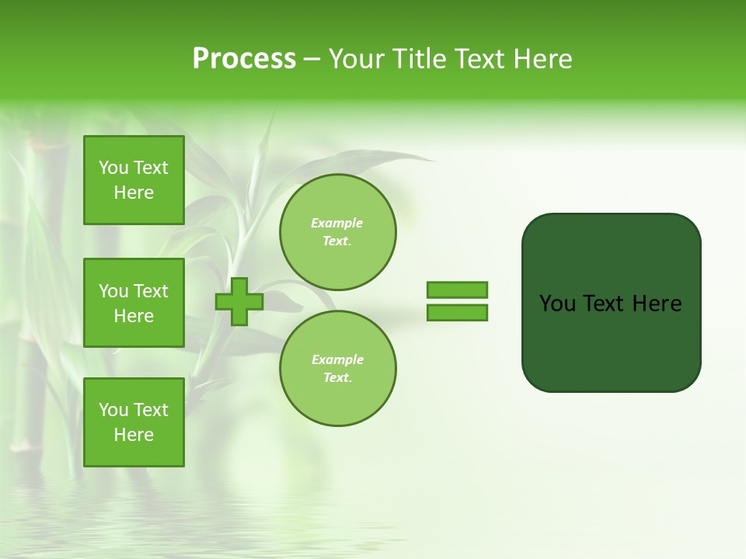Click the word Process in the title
pyautogui.click(x=244, y=59)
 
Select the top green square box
pyautogui.click(x=134, y=180)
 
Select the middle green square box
pyautogui.click(x=134, y=303)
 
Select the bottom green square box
pyautogui.click(x=134, y=422)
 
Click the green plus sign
pyautogui.click(x=239, y=302)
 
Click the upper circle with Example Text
pyautogui.click(x=337, y=231)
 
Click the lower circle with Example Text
pyautogui.click(x=337, y=368)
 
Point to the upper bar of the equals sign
pyautogui.click(x=457, y=290)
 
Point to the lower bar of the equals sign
pyautogui.click(x=457, y=313)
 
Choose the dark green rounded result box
pyautogui.click(x=611, y=342)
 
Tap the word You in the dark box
pyautogui.click(x=557, y=304)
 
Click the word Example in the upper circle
pyautogui.click(x=337, y=223)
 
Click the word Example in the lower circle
pyautogui.click(x=337, y=359)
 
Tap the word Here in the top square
pyautogui.click(x=134, y=193)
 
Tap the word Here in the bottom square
pyautogui.click(x=134, y=435)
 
